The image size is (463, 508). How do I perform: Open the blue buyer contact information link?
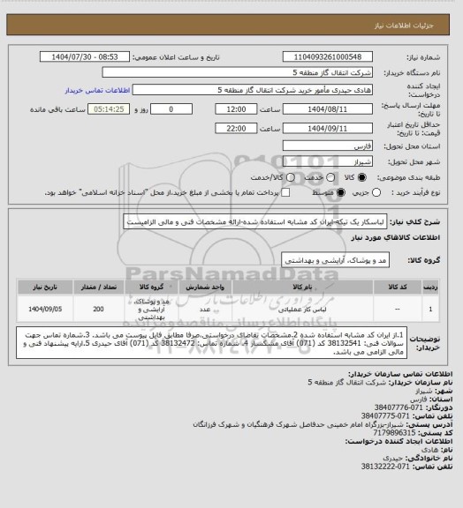[98, 90]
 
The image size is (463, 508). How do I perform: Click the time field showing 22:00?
[236, 127]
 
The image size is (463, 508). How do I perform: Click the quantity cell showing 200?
[97, 310]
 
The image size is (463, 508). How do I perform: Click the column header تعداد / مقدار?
[97, 287]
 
